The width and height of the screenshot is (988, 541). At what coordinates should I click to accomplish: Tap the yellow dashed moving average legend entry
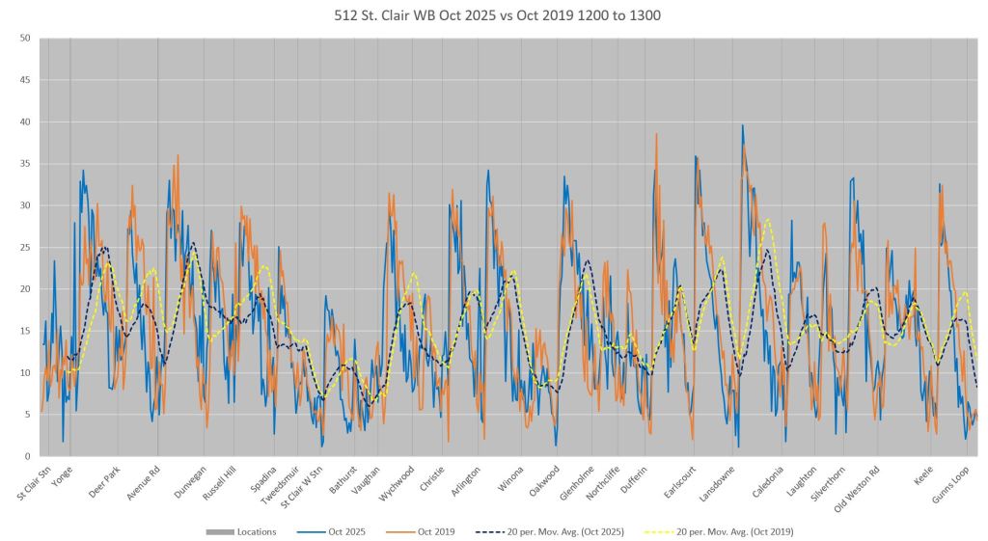pos(734,531)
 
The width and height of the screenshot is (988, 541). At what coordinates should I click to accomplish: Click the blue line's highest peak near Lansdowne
pos(742,125)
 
